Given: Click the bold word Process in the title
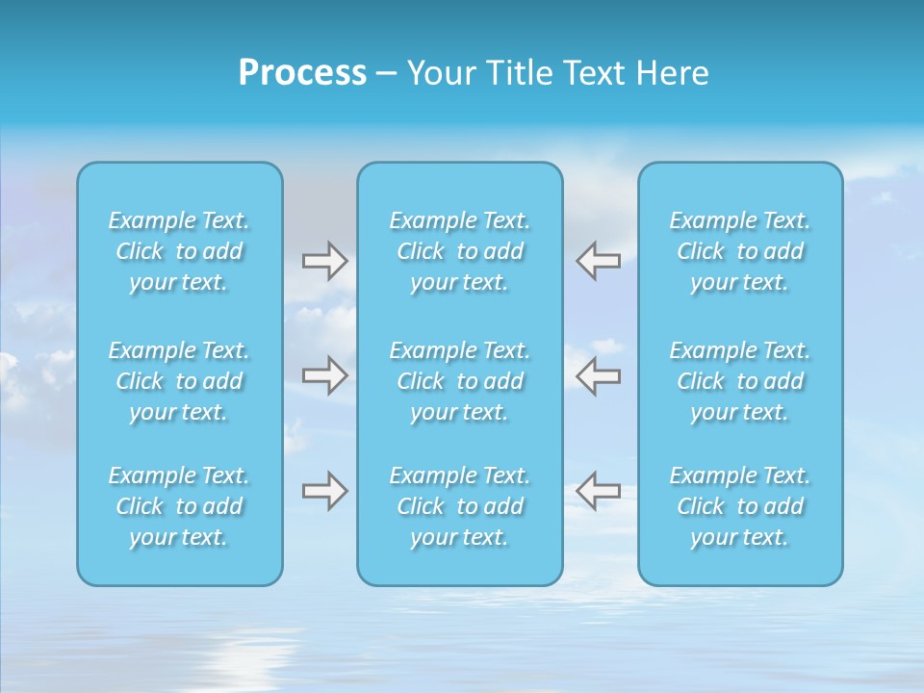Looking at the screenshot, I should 302,73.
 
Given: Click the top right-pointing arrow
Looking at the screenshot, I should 324,260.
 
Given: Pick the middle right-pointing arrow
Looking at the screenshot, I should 324,375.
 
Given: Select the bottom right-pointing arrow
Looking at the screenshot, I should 324,491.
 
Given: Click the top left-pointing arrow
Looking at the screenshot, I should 599,260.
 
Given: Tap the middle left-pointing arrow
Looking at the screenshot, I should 599,375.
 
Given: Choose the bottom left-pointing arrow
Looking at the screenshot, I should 599,491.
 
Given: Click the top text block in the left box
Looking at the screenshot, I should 179,251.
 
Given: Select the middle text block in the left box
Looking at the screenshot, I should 179,381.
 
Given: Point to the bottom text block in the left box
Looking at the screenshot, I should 179,506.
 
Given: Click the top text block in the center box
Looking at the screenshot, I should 460,251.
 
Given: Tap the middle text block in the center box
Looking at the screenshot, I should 460,381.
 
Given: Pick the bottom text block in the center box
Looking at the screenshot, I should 460,506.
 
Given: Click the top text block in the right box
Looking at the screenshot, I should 740,251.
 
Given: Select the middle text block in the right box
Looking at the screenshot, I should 740,381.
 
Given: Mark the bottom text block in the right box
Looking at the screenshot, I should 740,506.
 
